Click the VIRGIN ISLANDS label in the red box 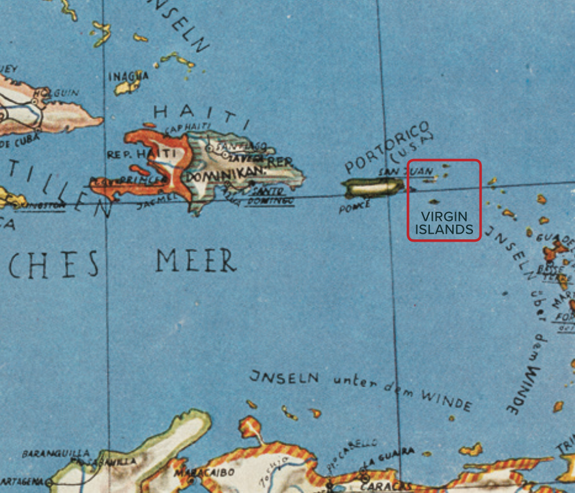point(443,223)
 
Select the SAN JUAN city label point(397,171)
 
